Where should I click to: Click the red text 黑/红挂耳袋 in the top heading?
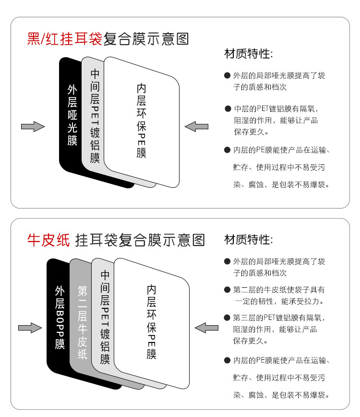[64, 38]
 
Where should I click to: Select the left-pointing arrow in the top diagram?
[197, 127]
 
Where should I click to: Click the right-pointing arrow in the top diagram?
[33, 127]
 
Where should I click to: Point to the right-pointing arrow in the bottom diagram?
[30, 328]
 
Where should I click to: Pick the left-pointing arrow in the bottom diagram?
[207, 328]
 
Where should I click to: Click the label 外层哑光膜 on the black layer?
[72, 115]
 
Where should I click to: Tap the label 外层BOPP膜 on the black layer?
[60, 318]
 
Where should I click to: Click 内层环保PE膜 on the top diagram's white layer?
[141, 121]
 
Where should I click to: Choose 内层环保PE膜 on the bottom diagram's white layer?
[152, 322]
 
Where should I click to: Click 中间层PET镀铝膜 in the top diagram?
[95, 116]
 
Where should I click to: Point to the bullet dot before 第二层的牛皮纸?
[227, 290]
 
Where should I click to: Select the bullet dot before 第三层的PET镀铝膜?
[227, 318]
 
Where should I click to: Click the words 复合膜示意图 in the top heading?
[146, 38]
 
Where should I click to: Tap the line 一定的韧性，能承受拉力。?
[279, 302]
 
